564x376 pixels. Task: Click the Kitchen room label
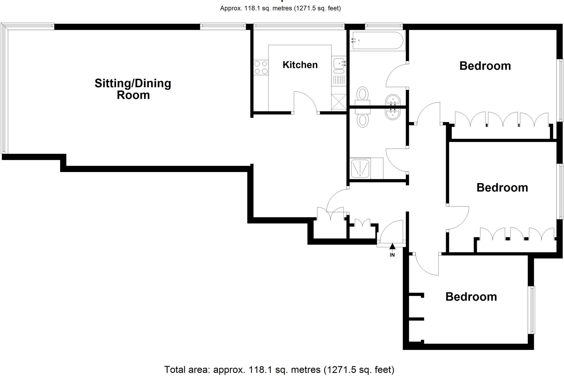(300, 65)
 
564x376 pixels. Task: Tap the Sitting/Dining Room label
(133, 89)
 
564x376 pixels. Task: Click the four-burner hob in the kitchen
(261, 67)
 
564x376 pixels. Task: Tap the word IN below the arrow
(392, 255)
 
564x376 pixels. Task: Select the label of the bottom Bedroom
(471, 297)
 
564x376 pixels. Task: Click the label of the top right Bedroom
(485, 66)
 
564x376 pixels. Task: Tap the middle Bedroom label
(502, 188)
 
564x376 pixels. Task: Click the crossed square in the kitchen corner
(339, 102)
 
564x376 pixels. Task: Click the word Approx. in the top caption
(231, 8)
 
